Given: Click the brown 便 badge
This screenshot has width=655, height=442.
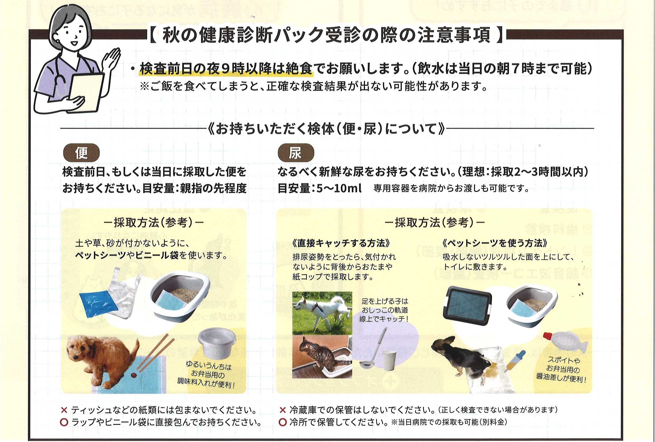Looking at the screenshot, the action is [81, 153].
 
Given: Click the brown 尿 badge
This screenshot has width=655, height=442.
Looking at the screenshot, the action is [296, 153].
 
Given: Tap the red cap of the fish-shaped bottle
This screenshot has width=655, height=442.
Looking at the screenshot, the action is [548, 336].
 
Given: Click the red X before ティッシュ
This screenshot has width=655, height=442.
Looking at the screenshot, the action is [64, 410].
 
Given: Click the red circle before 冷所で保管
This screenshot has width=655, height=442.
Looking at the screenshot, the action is [282, 422].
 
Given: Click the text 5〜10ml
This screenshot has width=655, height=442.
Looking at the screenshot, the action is [339, 188].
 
